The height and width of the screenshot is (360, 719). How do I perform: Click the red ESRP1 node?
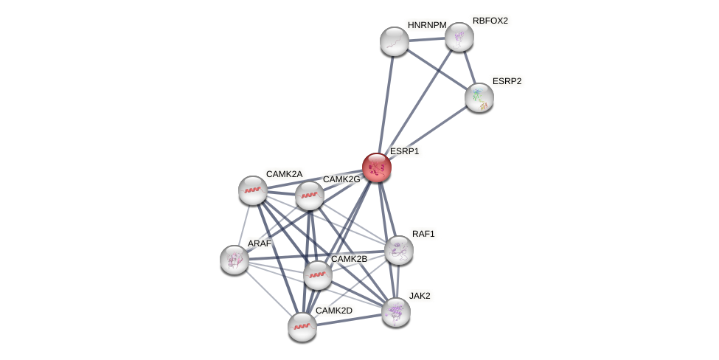pos(376,167)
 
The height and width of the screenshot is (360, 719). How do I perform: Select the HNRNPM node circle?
pos(395,41)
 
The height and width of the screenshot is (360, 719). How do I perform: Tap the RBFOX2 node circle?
pos(459,37)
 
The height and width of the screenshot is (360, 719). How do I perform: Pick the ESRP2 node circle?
pos(479,97)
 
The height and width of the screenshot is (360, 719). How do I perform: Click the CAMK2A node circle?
pos(253,190)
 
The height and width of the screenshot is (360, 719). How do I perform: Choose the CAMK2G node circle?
pos(310,195)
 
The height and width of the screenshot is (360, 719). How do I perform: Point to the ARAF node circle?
pos(235,260)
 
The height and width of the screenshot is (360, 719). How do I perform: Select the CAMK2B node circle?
pos(318,275)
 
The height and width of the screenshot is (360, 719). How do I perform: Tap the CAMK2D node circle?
pos(302,327)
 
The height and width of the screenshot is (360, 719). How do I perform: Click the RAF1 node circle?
pos(399,250)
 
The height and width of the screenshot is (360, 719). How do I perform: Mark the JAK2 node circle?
pos(396,312)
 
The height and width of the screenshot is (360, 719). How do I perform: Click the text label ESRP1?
pos(404,151)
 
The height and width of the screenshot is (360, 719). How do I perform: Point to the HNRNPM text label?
pos(427,25)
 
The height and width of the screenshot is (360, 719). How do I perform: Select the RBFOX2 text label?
pos(490,21)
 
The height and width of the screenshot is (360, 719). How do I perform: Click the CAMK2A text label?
pos(284,174)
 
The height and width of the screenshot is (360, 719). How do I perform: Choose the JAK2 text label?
pos(420,296)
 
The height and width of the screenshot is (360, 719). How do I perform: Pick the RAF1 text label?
pos(423,234)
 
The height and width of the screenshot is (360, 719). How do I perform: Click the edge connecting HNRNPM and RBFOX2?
pos(426,39)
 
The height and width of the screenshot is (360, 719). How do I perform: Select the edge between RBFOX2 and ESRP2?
pos(469,66)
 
